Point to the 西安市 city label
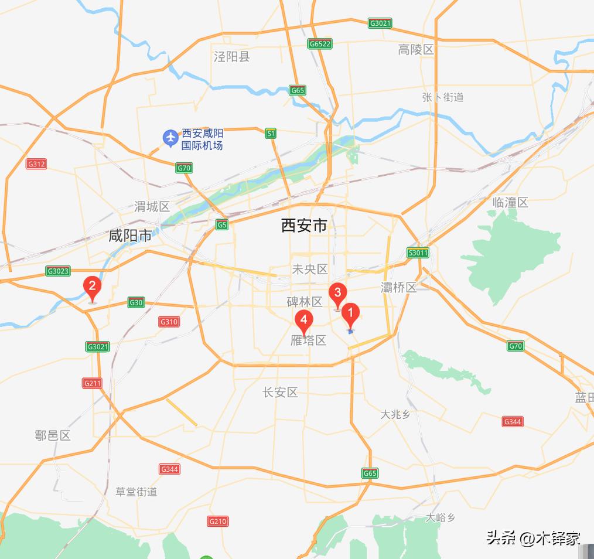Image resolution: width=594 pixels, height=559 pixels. pos(304,226)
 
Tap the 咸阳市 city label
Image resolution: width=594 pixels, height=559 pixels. pos(130,236)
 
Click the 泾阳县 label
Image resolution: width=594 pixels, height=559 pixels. pos(232,57)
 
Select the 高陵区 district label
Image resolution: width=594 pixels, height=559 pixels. pos(416,50)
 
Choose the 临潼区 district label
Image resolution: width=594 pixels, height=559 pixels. pos(510,203)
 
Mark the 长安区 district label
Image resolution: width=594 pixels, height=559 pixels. pos(280,393)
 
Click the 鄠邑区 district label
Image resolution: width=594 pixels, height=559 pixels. pos(53,435)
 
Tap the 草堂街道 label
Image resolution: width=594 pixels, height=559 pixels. pos(136,492)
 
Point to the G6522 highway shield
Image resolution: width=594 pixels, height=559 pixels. pos(320,44)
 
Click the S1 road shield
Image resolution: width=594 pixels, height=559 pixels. pos(270,134)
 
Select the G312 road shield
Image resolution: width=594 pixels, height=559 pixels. pos(36,164)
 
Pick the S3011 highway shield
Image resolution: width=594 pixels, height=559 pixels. pos(418,253)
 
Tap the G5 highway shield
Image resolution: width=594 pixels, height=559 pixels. pos(221,224)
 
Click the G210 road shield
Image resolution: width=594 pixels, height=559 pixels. pos(218,521)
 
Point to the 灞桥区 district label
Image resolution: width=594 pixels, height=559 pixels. pos(398,287)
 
